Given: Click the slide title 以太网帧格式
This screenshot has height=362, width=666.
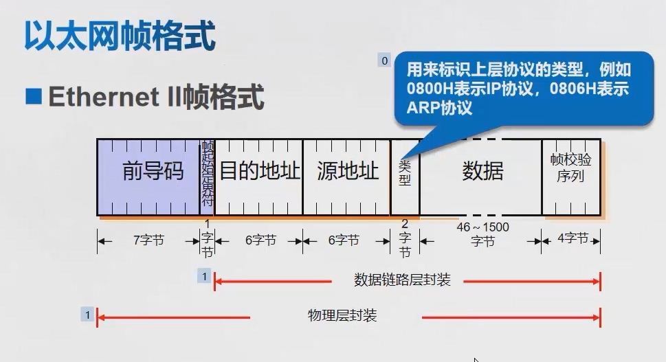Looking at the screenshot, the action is coord(120,36).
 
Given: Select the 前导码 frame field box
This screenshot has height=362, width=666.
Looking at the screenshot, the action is coord(153,171).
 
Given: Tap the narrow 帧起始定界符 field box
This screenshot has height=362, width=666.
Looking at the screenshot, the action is coord(207,177).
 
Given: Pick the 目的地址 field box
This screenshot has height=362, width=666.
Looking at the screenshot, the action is coord(258,171).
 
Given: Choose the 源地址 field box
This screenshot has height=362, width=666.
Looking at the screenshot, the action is coord(347,171).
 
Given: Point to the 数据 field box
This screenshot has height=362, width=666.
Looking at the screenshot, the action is coord(482,171).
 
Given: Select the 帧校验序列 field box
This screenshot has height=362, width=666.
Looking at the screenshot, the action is coord(570,168).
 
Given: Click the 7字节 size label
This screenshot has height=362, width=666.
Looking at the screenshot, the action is coord(148,240).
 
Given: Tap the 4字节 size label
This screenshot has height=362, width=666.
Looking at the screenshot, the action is coord(572,239).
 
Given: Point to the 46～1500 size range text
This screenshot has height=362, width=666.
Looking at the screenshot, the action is coord(483,227).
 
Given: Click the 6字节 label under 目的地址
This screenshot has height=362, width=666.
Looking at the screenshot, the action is coord(259,240).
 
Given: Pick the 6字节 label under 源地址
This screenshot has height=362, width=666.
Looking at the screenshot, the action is coord(344,240).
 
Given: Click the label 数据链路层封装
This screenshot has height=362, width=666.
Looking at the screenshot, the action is coord(402,280).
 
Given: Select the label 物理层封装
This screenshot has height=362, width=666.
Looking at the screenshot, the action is coord(342,316).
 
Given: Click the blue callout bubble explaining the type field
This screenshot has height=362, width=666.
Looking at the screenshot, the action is coord(522,89).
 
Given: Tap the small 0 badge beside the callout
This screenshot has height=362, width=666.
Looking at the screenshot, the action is coord(384,60).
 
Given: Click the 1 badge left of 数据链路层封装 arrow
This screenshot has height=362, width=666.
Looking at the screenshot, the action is coord(203,276).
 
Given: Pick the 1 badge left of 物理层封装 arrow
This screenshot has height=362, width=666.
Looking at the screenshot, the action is coord(87,315).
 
